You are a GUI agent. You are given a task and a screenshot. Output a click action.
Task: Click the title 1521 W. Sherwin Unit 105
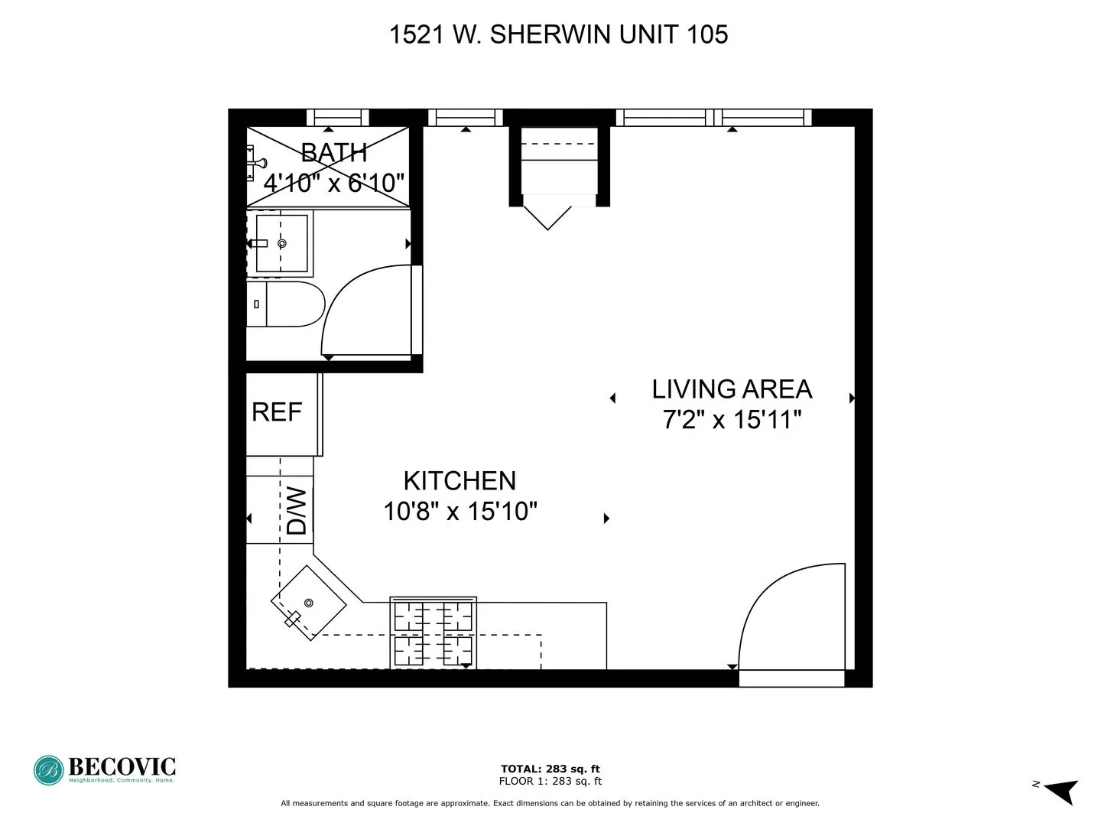pos(558,34)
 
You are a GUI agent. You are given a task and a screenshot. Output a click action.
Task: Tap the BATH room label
pos(333,153)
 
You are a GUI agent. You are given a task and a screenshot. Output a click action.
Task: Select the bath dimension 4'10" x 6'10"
pos(333,183)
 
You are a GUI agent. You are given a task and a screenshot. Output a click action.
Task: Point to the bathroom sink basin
pos(281,243)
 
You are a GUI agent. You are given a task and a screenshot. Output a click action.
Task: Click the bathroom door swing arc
pos(359,306)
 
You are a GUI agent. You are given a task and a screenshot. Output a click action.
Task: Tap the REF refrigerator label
pos(277,412)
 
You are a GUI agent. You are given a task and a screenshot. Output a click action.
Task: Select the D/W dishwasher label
pos(297,511)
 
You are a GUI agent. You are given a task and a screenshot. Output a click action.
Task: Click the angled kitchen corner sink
pos(308,603)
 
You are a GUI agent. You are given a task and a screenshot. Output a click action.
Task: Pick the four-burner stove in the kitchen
pos(433,633)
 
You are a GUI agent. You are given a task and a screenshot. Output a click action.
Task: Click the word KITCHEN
pos(460,481)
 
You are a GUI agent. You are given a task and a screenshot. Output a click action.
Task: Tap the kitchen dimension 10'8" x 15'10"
pos(460,511)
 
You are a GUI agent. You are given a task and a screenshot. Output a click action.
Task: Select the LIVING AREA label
pos(732,389)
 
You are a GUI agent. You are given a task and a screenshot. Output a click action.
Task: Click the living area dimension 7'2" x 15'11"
pos(732,420)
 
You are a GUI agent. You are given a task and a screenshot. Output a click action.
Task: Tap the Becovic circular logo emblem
pos(48,770)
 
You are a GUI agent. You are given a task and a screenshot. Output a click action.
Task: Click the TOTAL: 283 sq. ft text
pos(550,769)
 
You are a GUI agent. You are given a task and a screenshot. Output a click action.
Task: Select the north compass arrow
pos(1060,790)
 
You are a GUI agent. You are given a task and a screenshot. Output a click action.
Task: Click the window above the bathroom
pos(337,118)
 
